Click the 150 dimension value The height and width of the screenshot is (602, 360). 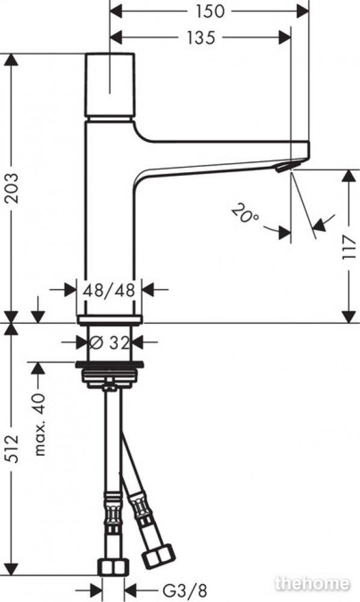209,11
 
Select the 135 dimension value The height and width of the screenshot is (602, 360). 200,37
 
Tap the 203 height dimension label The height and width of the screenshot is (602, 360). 12,188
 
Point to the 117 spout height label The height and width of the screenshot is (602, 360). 349,247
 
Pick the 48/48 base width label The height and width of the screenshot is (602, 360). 110,290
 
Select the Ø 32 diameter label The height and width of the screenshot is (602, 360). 110,343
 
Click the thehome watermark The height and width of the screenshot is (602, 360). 312,583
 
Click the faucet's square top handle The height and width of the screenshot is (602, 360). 110,84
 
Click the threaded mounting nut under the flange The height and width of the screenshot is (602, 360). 110,374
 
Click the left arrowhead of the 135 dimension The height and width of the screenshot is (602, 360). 116,37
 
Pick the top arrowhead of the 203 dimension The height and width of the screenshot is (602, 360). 12,60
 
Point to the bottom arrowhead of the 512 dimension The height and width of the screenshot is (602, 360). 12,569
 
